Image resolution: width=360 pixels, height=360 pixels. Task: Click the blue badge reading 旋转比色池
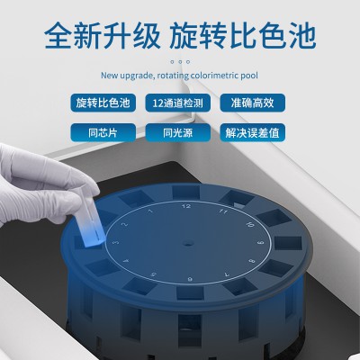click(x=103, y=103)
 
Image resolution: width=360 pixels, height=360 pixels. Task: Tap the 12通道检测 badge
click(x=178, y=103)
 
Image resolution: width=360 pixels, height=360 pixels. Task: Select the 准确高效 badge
click(x=253, y=103)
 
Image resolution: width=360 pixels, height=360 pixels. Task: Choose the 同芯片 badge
click(x=103, y=132)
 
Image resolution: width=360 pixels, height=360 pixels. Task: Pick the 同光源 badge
click(x=178, y=132)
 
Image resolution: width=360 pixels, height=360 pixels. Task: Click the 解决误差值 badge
click(x=253, y=132)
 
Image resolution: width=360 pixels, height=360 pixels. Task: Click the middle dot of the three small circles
click(x=180, y=62)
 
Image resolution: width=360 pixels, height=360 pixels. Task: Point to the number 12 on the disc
click(x=186, y=206)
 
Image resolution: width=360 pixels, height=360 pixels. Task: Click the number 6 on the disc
click(x=190, y=279)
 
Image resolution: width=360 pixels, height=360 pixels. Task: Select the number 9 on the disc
click(x=261, y=242)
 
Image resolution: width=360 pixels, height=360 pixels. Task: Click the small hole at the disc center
click(x=188, y=242)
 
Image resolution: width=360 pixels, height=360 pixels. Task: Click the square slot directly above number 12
click(x=186, y=192)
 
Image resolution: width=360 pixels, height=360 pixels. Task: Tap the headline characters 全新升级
click(x=103, y=36)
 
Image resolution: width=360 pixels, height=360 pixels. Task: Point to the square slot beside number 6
click(x=190, y=292)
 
